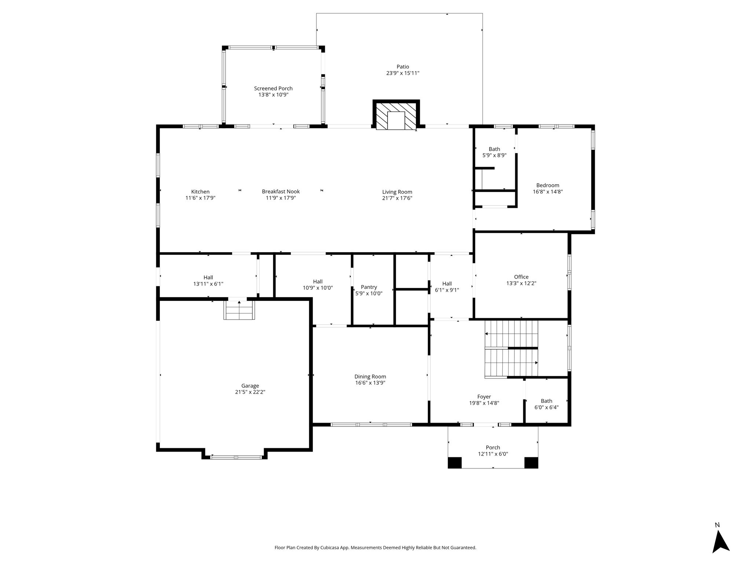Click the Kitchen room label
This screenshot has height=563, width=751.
tap(200, 192)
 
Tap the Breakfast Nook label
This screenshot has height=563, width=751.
tap(281, 192)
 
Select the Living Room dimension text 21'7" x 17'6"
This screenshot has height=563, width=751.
tap(397, 198)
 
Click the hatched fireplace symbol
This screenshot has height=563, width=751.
tap(396, 115)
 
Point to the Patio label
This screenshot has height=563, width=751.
tap(403, 67)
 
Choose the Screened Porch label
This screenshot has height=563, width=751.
tap(273, 88)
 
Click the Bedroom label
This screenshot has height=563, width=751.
tap(548, 185)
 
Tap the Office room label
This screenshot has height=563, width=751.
tap(521, 277)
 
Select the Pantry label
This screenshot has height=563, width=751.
tap(369, 287)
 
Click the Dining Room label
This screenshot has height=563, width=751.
tap(370, 376)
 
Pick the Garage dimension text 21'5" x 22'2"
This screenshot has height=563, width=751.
tap(250, 392)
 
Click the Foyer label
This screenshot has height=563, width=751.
tap(484, 397)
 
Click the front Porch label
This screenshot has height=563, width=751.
tap(493, 448)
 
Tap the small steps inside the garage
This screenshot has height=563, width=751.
tap(239, 310)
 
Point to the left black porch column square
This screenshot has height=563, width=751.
tap(455, 463)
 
